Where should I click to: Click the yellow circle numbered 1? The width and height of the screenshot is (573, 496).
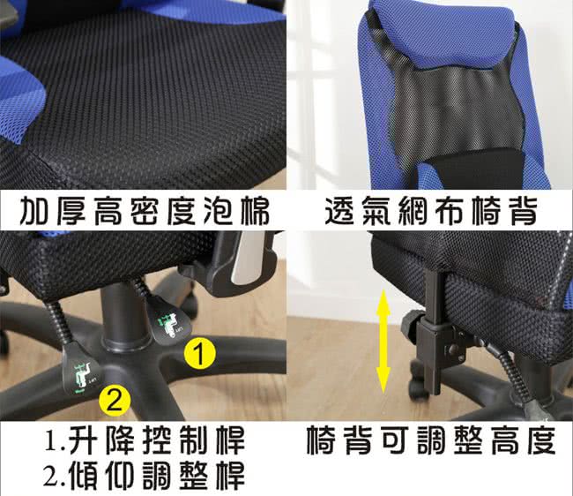coord(199,353)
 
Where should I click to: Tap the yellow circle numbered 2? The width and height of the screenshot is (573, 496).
coord(115,401)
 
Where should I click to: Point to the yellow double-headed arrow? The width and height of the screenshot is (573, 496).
coord(383,341)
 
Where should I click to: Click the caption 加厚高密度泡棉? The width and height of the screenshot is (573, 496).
coord(145,211)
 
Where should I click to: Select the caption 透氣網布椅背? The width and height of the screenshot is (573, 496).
coord(431,210)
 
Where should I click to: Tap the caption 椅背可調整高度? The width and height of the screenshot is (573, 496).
coord(431,440)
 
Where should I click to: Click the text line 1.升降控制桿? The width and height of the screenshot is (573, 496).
coord(144,440)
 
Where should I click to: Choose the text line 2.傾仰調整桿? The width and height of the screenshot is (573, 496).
coord(144,475)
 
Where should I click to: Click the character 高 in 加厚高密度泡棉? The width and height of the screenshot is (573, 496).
coord(108,211)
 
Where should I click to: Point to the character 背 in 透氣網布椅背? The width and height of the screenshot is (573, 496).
coord(524,210)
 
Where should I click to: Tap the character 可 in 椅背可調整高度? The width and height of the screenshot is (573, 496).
coord(395,440)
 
